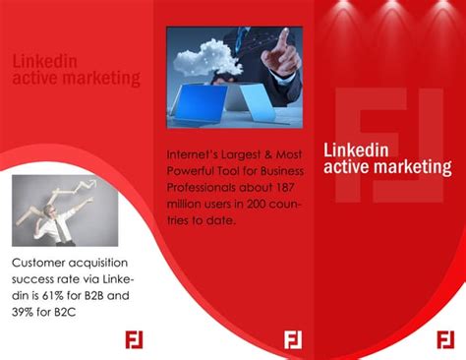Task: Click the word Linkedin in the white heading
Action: pyautogui.click(x=356, y=150)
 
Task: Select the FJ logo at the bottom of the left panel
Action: pyautogui.click(x=135, y=339)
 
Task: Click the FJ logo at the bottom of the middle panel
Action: pyautogui.click(x=292, y=339)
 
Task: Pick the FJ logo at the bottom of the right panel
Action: pyautogui.click(x=445, y=339)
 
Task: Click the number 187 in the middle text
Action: pyautogui.click(x=287, y=187)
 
